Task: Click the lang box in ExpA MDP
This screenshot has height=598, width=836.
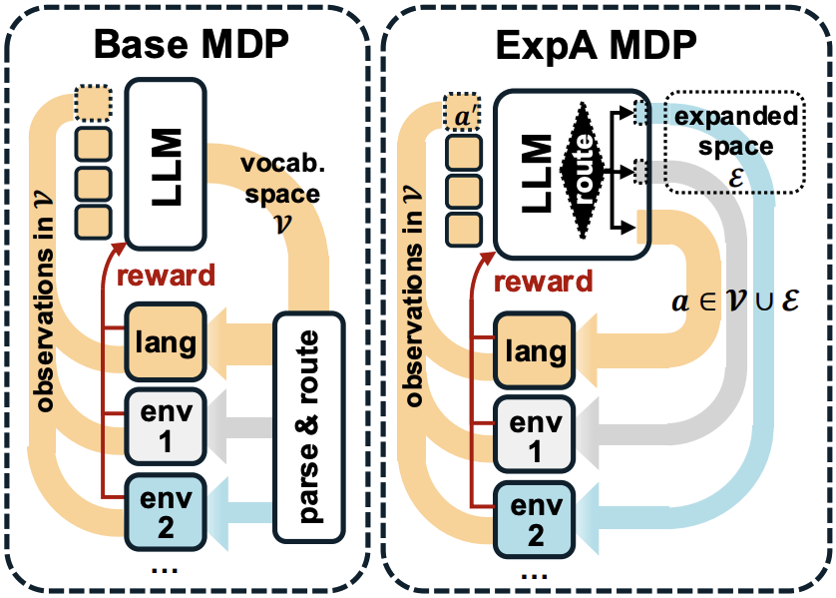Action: pos(536,350)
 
